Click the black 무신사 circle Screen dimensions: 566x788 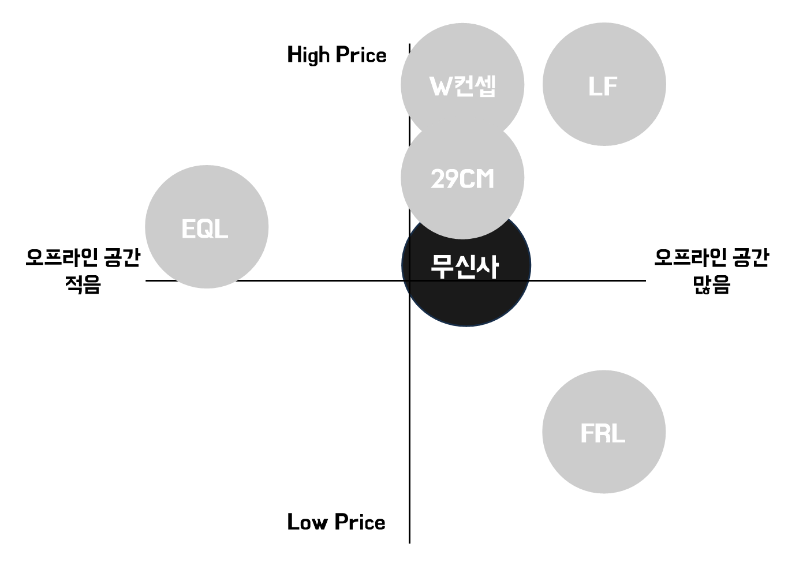click(465, 288)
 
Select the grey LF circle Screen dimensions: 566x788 click(604, 85)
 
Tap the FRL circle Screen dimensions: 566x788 click(603, 432)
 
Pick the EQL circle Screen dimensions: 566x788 click(206, 227)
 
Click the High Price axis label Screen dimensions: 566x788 click(337, 55)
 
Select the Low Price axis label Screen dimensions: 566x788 click(336, 522)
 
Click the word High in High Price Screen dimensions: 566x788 click(308, 55)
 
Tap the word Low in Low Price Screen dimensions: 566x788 click(308, 522)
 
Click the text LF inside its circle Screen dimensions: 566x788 click(603, 87)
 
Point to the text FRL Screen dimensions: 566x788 click(603, 433)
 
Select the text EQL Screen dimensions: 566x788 click(205, 229)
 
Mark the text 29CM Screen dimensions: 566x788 click(462, 179)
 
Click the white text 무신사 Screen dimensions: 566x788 click(465, 267)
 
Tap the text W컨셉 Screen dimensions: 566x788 click(462, 87)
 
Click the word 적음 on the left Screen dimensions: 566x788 click(83, 284)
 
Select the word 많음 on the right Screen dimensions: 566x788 click(711, 284)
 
